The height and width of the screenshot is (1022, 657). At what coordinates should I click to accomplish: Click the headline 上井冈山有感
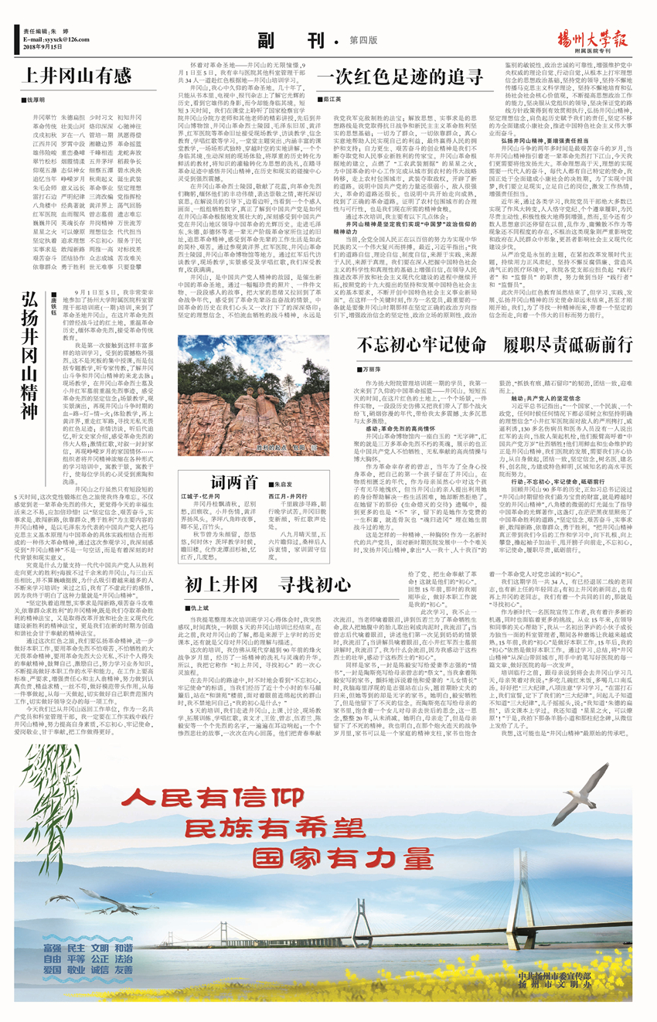[x=76, y=77]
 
